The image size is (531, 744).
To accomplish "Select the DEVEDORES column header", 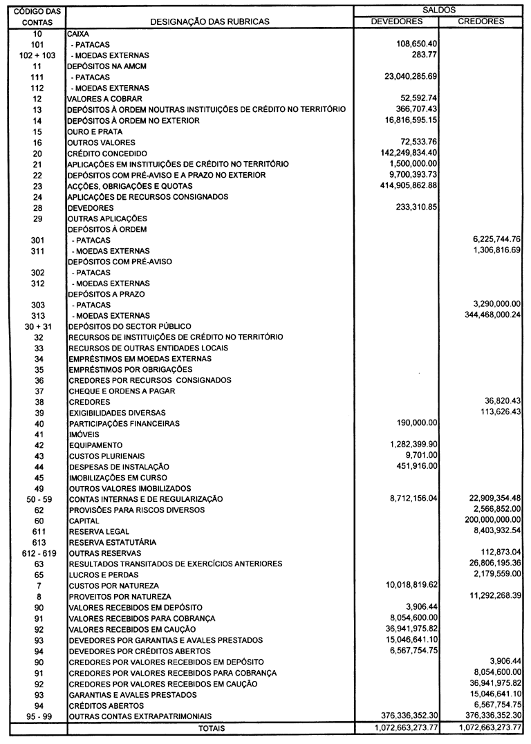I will coord(397,21).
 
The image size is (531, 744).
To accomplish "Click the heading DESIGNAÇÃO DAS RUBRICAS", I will coord(210,22).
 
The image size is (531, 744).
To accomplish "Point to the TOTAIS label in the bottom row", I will coord(211,728).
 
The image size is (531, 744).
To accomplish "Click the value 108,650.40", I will coord(414,44).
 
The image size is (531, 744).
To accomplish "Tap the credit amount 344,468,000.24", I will coord(483,315).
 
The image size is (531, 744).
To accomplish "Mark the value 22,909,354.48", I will coord(486,499).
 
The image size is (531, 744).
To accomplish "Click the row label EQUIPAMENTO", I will coord(95,445).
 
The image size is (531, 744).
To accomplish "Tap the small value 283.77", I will coord(425,55).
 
